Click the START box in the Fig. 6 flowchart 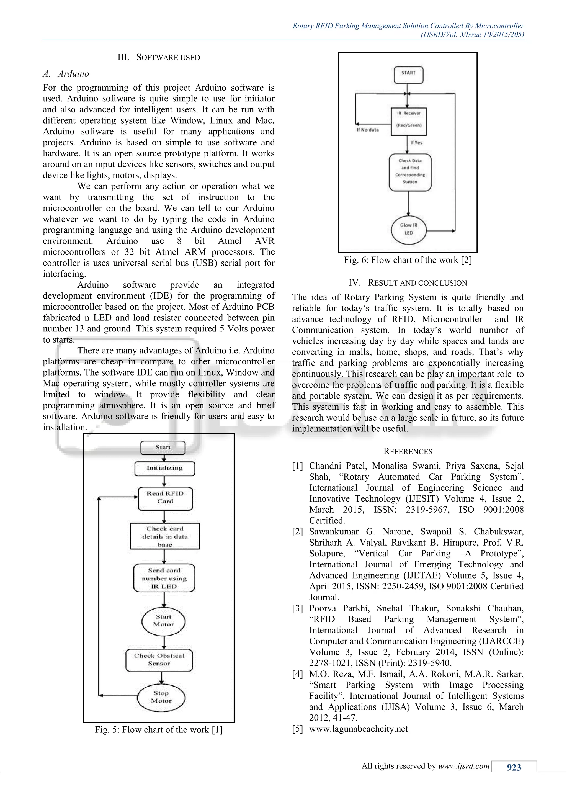coord(408,75)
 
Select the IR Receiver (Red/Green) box coord(408,121)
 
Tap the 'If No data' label coord(367,130)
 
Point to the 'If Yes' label coord(416,143)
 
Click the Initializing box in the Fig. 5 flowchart coord(164,468)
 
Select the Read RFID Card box coord(165,498)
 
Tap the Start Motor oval coord(163,621)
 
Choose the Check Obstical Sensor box coord(159,659)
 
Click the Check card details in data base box coord(165,536)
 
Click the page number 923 coord(514,767)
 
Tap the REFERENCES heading coord(408,451)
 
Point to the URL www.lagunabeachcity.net coord(358,729)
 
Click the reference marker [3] coord(297,608)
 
